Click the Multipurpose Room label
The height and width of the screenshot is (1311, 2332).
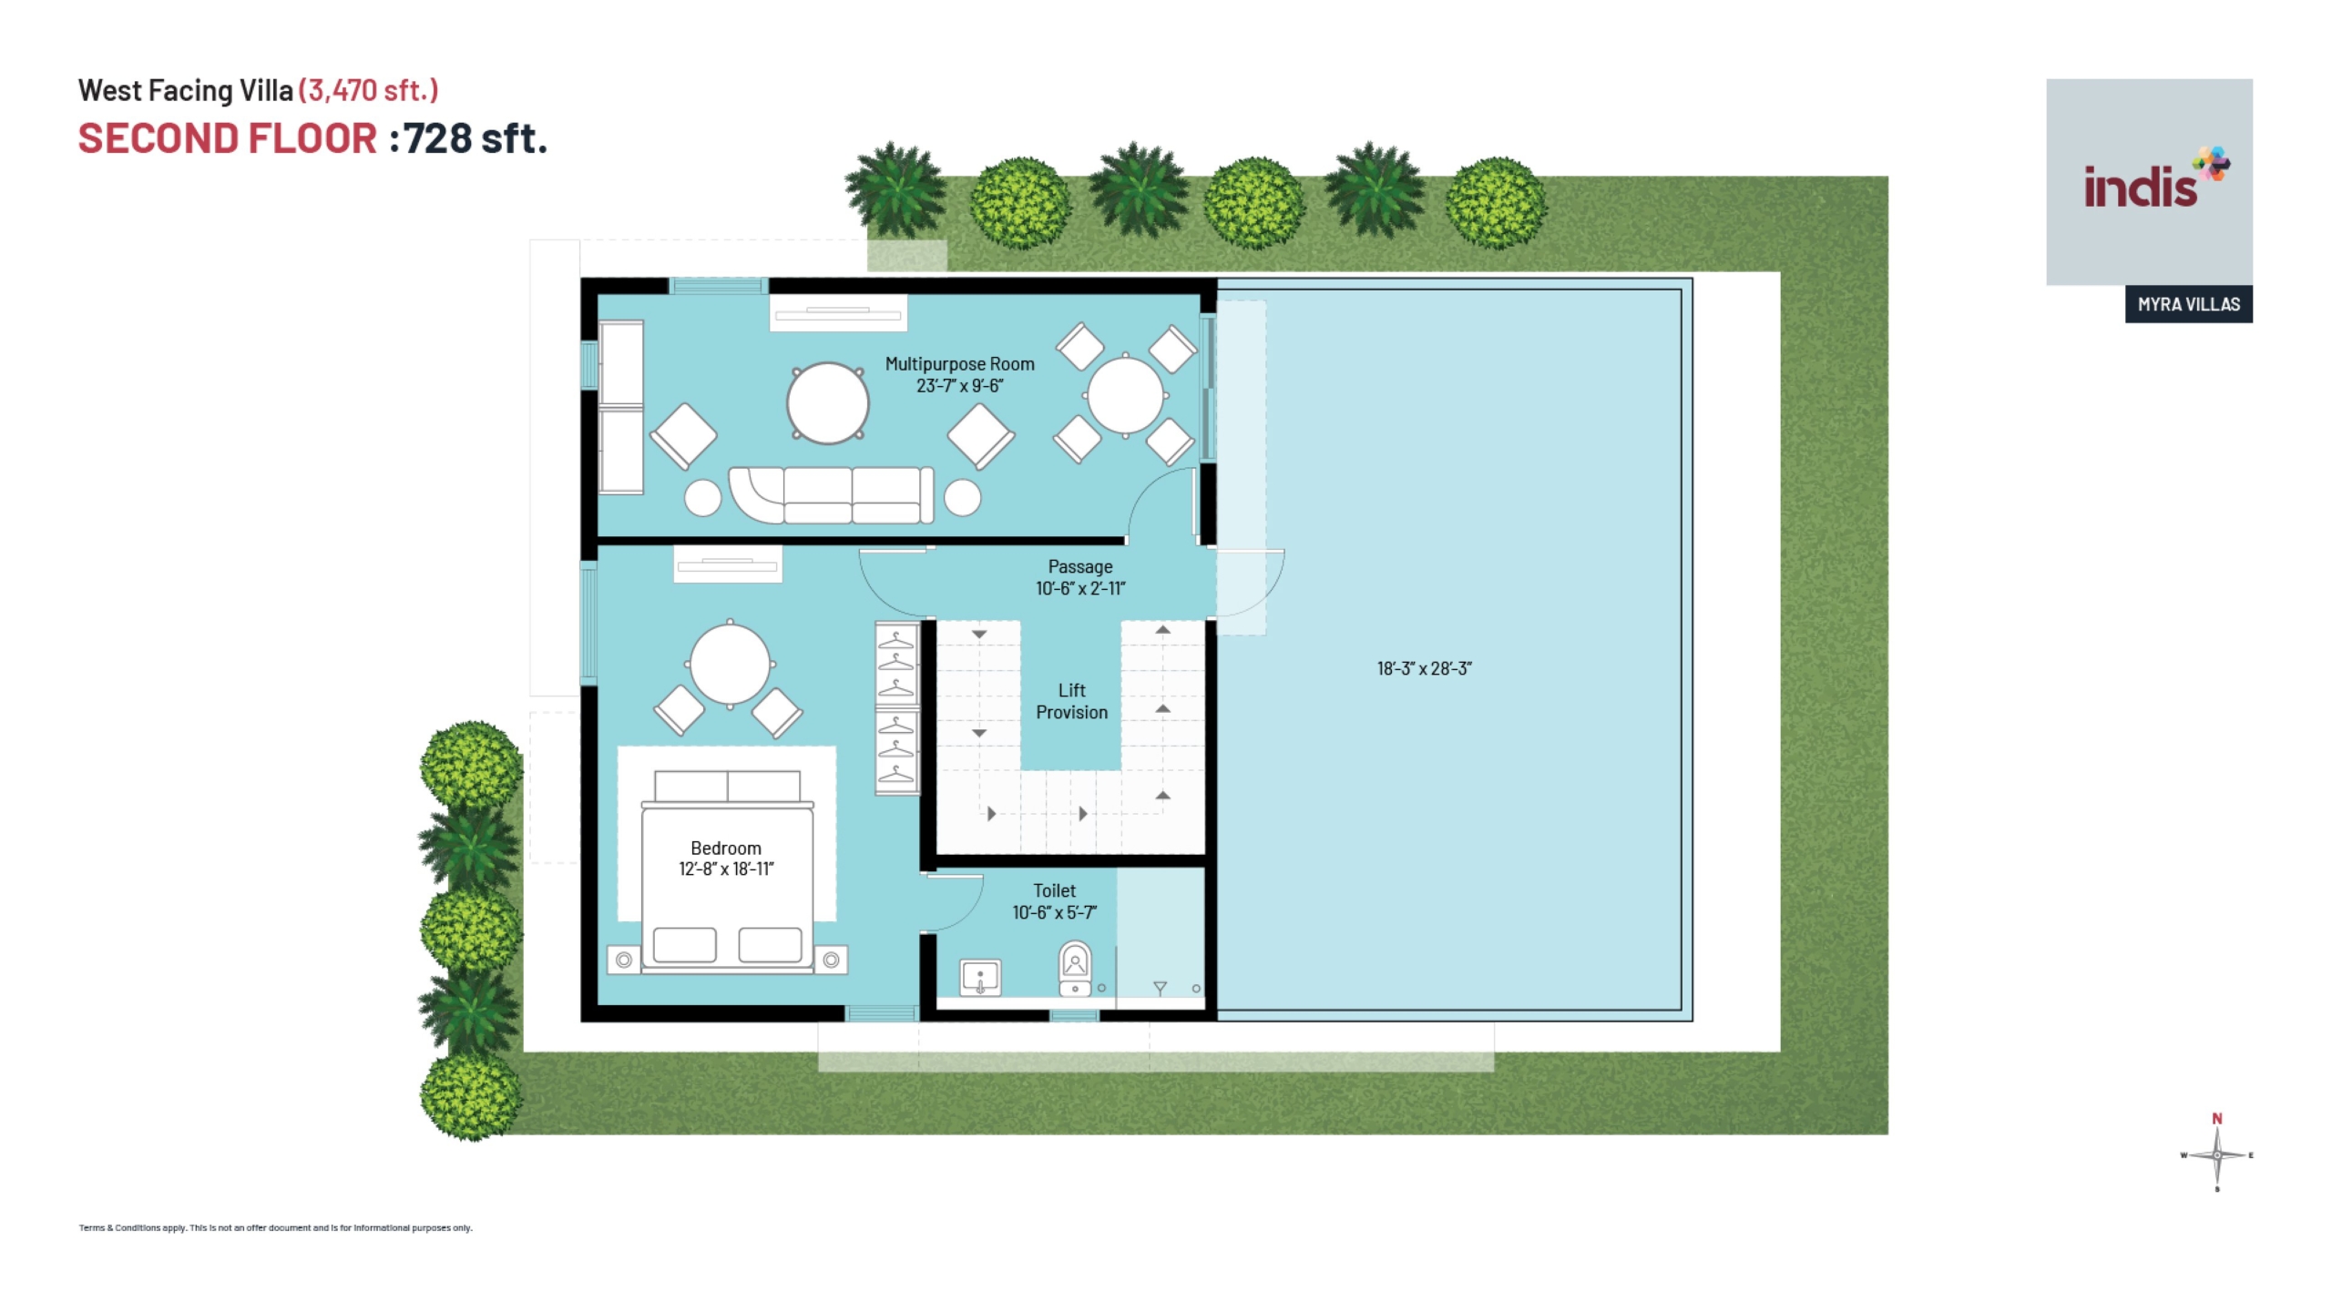point(959,364)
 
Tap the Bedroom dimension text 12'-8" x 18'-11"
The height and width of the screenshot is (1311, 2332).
point(726,869)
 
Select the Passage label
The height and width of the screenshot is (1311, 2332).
point(1079,567)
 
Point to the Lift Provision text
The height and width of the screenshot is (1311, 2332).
point(1071,701)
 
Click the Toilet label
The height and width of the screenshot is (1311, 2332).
point(1054,890)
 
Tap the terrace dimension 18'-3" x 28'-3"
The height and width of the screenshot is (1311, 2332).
point(1424,668)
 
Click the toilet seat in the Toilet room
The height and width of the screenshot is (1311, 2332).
point(1075,969)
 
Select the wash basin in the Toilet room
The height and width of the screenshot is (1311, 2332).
point(980,978)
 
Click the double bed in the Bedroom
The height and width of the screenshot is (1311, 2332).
point(727,871)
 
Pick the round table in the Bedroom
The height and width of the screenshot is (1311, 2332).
point(730,664)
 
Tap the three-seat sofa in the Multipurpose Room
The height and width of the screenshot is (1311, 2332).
point(831,495)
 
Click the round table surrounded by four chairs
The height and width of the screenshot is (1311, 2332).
point(1125,396)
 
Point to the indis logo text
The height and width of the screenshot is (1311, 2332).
point(2141,188)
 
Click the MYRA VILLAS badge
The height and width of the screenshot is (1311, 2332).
point(2188,304)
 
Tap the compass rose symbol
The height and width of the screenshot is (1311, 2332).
point(2217,1154)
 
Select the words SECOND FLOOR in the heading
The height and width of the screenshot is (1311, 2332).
point(228,138)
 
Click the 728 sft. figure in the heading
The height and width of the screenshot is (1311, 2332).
point(475,138)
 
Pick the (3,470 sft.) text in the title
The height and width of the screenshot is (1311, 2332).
point(368,90)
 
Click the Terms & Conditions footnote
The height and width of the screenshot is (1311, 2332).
point(275,1227)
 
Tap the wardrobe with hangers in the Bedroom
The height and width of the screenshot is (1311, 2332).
point(896,708)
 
